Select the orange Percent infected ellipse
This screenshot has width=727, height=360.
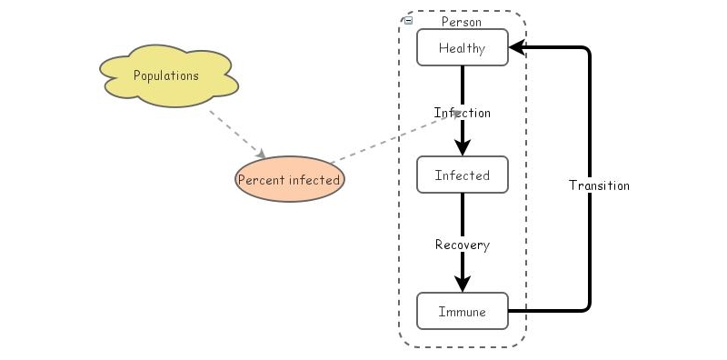pos(289,179)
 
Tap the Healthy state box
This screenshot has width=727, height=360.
pos(462,48)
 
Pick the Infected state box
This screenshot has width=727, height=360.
pos(462,175)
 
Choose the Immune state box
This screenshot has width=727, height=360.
pos(462,311)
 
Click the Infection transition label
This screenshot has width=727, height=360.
pos(462,113)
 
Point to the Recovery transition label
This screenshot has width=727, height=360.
pos(462,245)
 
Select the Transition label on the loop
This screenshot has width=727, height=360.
pos(599,185)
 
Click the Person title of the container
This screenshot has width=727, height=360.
pos(461,22)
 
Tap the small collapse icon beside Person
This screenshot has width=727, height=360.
pos(407,20)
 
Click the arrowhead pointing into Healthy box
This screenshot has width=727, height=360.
pos(516,48)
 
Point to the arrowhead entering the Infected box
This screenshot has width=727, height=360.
pos(463,149)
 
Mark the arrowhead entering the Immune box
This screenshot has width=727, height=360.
pos(463,285)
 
